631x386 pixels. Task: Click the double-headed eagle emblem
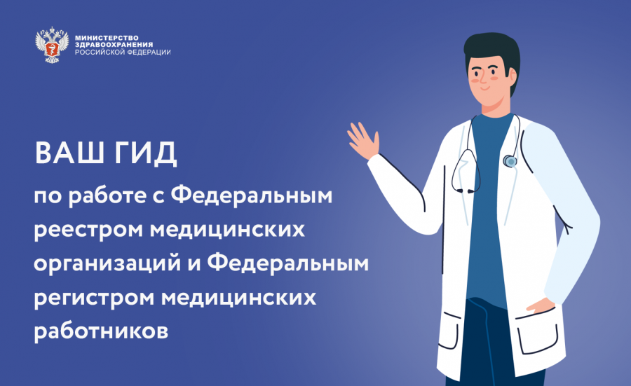pyautogui.click(x=51, y=44)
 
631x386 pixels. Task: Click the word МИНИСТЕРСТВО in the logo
pyautogui.click(x=107, y=39)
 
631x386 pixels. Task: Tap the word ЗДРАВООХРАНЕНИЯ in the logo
pyautogui.click(x=114, y=45)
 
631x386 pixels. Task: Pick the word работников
pyautogui.click(x=101, y=331)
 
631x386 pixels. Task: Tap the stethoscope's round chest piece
pyautogui.click(x=510, y=161)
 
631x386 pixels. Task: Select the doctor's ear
pyautogui.click(x=513, y=76)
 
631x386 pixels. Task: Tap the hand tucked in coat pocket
pyautogui.click(x=540, y=305)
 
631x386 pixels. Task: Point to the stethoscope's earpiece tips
pyautogui.click(x=466, y=191)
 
